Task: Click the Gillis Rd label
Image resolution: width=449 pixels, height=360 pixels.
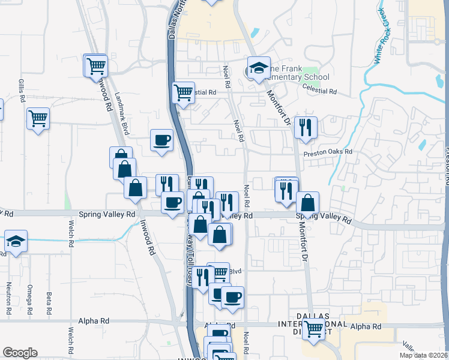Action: click(22, 90)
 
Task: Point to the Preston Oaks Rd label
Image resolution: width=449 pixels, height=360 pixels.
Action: click(327, 152)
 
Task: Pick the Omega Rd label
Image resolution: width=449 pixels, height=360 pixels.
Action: click(28, 298)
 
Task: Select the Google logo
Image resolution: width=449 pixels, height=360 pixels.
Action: click(20, 352)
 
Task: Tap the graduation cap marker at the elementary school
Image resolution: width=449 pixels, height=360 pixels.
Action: click(259, 68)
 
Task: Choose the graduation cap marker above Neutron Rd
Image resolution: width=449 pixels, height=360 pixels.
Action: click(16, 241)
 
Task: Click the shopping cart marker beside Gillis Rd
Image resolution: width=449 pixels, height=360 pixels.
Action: click(38, 118)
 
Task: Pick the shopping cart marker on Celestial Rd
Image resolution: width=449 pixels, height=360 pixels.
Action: click(183, 92)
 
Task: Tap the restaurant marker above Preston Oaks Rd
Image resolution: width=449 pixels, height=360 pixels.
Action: click(306, 127)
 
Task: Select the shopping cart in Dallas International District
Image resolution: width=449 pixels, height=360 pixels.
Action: click(313, 328)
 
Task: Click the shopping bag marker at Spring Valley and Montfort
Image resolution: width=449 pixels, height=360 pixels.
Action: click(307, 203)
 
